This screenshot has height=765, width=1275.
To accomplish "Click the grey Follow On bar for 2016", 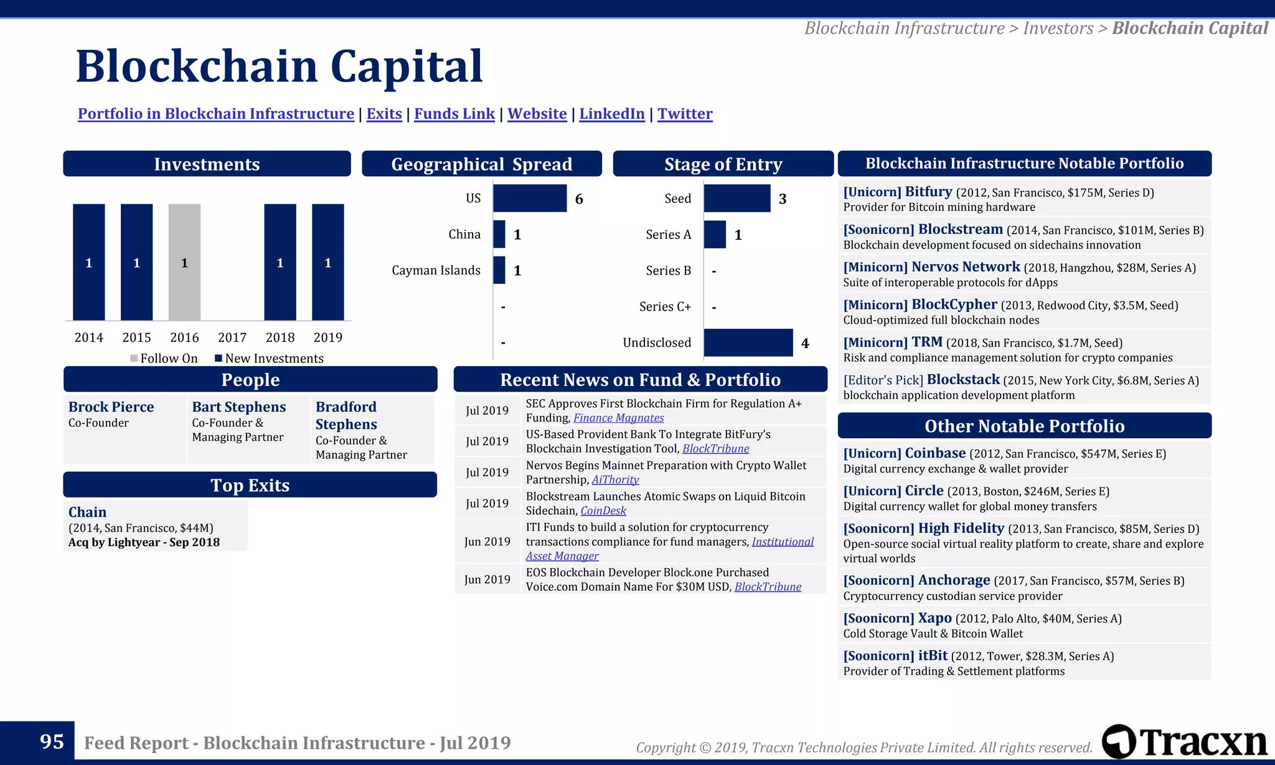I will [184, 262].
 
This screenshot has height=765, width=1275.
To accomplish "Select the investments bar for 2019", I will [327, 262].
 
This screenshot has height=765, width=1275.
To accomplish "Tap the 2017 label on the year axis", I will [232, 337].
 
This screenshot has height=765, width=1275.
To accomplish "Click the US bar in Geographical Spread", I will [530, 199].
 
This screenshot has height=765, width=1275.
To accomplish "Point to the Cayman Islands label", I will [436, 270].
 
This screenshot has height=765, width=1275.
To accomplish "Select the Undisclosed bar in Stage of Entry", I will [748, 343].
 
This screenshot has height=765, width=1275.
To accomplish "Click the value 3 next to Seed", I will [783, 199].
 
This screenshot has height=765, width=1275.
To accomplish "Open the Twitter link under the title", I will [685, 114].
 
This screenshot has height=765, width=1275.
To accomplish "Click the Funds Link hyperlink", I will [454, 114].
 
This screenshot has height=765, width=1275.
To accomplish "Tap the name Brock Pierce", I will [111, 407].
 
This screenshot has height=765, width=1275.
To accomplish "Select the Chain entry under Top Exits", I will [87, 512].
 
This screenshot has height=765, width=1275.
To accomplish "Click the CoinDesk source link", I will [603, 511].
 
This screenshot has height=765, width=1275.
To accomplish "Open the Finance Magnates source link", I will [618, 418].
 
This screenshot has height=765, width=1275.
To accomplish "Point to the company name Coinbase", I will [935, 453].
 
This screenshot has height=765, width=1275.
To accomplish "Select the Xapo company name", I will [934, 618].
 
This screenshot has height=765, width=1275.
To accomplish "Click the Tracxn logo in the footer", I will [1184, 742].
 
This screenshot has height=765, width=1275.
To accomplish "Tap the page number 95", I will [52, 741].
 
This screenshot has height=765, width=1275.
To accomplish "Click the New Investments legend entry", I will [269, 359].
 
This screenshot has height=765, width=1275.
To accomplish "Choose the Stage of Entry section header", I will [723, 164].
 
